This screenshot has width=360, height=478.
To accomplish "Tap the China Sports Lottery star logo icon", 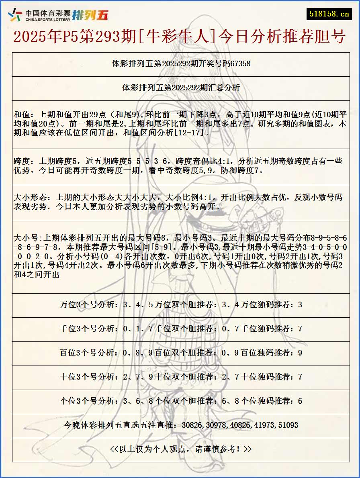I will pos(15,15).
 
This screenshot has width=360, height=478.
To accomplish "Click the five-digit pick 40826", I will pos(240,425).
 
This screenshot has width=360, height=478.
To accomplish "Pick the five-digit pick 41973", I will pos(263,425).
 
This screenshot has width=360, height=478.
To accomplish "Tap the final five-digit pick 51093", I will pos(287,425).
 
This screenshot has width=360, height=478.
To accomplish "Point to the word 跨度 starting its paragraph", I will pos(22,161).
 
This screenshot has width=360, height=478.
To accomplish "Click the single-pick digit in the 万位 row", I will pos(300,305).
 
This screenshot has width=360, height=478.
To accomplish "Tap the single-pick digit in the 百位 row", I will pos(300,353).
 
